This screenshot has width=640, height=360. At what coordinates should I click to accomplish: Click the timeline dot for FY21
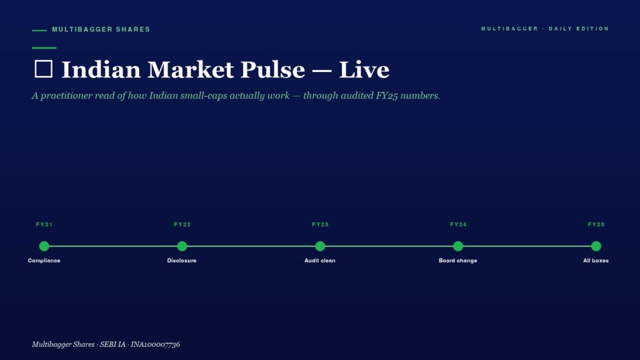44,246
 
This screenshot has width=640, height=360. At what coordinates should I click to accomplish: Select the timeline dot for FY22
182,246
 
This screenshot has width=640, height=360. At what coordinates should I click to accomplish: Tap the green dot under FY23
320,246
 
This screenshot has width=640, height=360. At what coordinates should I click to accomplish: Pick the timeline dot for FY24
458,246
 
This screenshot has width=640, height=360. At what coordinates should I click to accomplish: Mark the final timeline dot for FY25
596,246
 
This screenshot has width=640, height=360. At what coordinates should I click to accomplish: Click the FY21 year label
44,224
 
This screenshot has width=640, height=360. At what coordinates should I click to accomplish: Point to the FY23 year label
320,224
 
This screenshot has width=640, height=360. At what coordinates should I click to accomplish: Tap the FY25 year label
596,224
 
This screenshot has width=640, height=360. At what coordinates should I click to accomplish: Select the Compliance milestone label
44,261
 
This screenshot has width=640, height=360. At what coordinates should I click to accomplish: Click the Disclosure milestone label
182,261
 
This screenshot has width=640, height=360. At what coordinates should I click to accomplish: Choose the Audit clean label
319,261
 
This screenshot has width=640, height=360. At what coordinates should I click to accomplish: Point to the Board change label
457,261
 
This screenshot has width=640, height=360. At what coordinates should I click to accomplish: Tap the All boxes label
596,261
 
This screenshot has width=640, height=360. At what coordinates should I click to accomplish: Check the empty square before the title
44,61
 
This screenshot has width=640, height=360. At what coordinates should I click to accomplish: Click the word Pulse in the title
272,69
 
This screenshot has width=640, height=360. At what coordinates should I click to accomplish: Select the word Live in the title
364,69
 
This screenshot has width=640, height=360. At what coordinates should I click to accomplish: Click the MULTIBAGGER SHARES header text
101,29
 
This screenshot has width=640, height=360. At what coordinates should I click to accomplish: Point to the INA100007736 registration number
155,344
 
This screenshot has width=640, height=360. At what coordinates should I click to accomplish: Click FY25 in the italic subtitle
386,96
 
